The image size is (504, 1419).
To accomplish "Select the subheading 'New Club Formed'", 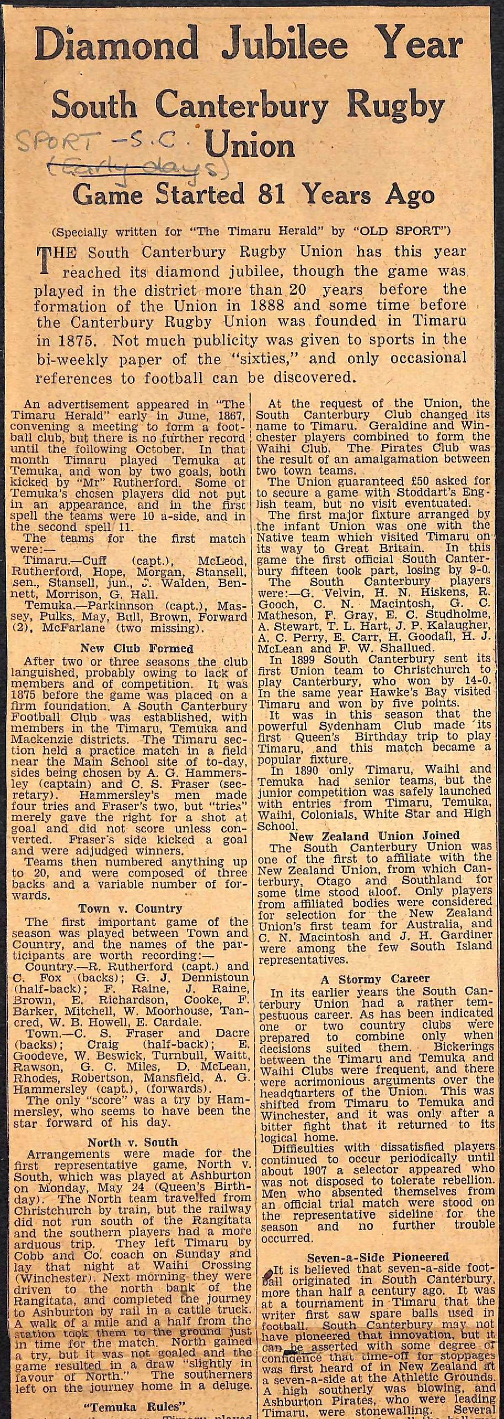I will pos(137,648).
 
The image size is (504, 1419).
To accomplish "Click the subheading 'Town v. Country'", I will pos(130,908).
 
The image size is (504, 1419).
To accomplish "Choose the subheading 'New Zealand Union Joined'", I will pos(374,836).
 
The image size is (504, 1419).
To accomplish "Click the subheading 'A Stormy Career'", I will pos(375,979).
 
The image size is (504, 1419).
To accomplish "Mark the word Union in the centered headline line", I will pos(249,146).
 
